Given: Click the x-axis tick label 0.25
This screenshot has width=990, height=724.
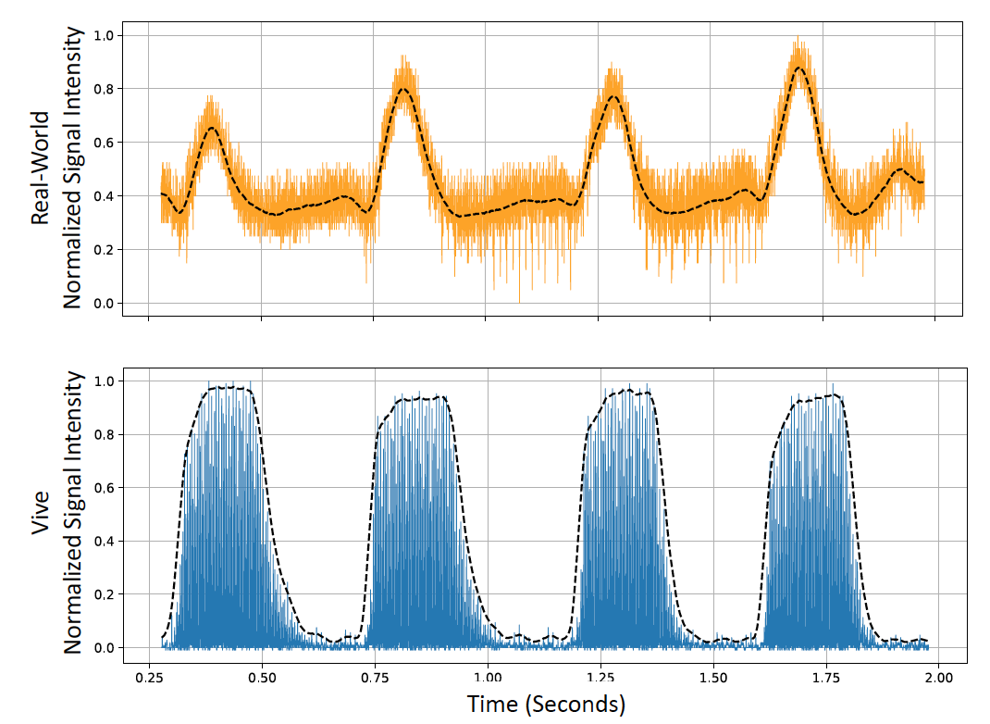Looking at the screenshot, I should click(149, 676).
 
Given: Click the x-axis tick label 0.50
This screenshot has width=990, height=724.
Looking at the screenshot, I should click(262, 676).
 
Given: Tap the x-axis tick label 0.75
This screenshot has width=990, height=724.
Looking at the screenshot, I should click(374, 676).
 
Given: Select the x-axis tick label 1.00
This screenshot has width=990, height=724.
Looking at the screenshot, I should click(487, 676).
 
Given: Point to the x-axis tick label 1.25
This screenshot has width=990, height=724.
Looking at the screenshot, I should click(600, 676).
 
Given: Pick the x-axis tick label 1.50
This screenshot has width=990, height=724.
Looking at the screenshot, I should click(712, 676).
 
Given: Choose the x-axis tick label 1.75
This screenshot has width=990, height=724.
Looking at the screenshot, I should click(824, 676).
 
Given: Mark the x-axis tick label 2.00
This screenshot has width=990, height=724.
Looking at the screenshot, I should click(937, 676).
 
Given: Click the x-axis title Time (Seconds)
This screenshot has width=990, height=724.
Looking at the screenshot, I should click(546, 705).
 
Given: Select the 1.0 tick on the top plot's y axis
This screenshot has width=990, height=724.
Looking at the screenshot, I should click(103, 35).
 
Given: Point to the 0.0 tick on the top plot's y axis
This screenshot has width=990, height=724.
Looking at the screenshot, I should click(103, 304).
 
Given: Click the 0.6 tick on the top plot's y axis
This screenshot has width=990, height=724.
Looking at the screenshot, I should click(103, 143).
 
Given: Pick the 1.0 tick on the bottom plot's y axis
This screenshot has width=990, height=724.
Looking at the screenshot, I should click(103, 381).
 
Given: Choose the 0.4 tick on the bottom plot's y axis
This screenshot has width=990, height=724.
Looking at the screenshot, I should click(103, 542).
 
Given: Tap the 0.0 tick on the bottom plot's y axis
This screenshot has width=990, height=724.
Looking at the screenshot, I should click(103, 648).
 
